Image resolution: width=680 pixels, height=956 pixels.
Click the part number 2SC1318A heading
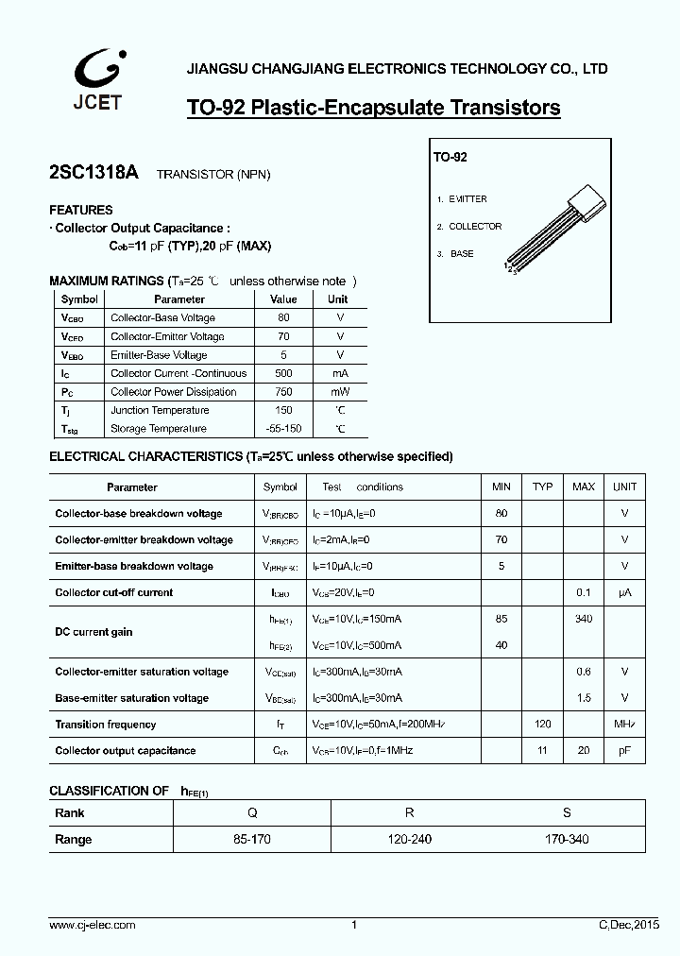(93, 173)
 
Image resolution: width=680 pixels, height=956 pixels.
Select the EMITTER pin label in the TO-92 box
(467, 199)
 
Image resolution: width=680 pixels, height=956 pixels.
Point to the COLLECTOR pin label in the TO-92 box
(474, 227)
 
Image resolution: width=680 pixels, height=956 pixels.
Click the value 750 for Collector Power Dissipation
(283, 392)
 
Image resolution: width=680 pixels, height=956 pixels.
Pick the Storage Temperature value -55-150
(283, 429)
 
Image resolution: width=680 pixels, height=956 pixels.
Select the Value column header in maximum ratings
(283, 299)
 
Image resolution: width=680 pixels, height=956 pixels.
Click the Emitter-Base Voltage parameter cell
(159, 355)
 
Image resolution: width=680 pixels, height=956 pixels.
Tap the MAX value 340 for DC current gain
(583, 620)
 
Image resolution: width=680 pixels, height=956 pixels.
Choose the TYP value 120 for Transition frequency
(542, 725)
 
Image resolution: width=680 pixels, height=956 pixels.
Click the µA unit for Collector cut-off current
(624, 593)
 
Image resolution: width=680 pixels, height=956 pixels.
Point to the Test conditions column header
(362, 487)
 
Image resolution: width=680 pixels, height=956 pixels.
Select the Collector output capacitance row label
(126, 751)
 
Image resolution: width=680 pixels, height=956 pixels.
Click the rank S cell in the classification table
(566, 813)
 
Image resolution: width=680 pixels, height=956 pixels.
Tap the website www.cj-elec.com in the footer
(93, 926)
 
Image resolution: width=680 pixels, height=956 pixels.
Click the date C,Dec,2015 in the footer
(628, 926)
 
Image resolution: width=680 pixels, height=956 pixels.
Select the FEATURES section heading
(81, 211)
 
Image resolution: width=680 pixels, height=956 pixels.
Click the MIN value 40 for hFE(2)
(501, 646)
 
